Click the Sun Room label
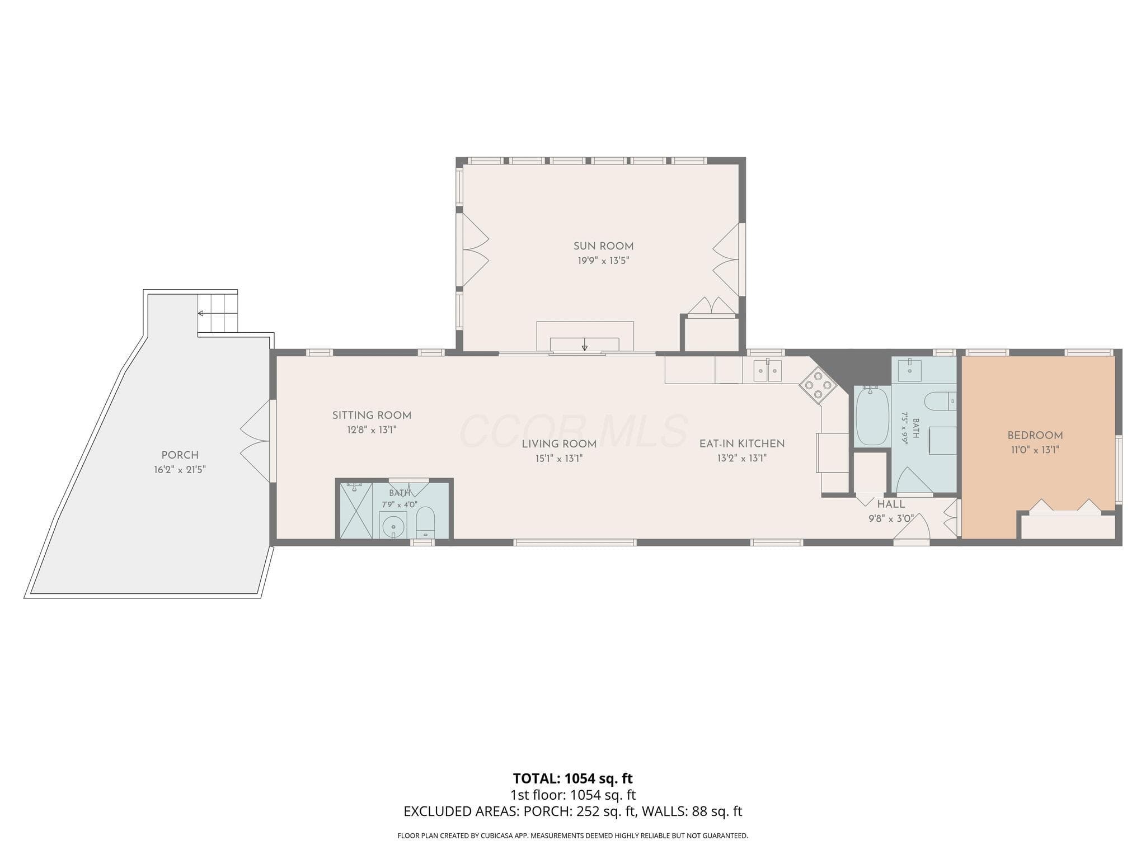point(603,246)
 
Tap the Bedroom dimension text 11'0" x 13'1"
point(1035,450)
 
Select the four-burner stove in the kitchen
point(818,385)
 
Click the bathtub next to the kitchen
point(872,416)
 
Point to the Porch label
point(180,455)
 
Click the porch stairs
point(217,313)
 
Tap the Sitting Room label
point(372,416)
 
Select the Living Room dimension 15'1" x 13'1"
point(560,459)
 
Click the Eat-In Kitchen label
point(742,443)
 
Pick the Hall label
point(891,504)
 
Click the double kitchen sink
point(767,370)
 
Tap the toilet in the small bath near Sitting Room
point(426,522)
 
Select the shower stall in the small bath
point(356,511)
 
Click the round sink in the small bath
point(393,525)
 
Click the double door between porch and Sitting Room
point(256,441)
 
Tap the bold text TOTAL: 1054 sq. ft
point(573,778)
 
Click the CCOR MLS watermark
point(574,431)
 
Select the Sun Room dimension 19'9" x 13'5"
point(604,261)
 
